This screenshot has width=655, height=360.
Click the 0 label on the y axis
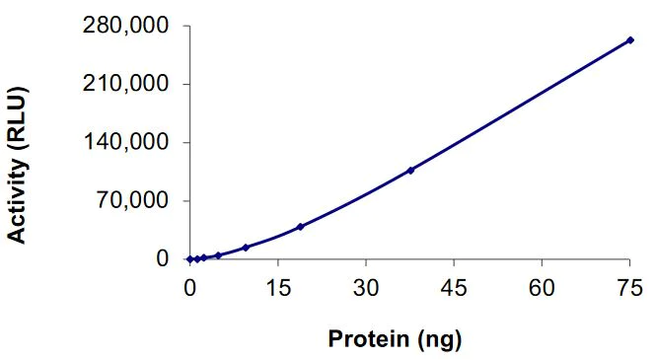(163, 259)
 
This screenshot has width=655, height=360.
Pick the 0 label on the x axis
(189, 287)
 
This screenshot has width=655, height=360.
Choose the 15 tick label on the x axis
(277, 287)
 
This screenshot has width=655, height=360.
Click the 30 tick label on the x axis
(365, 287)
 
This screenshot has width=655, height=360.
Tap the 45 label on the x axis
(453, 287)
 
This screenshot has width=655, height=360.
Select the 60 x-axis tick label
(542, 287)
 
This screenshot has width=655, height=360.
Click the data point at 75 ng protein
(629, 40)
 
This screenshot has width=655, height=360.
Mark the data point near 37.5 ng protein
(410, 170)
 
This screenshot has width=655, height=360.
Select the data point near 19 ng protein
(300, 227)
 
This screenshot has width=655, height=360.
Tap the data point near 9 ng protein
(245, 248)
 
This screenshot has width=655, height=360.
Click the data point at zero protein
(189, 259)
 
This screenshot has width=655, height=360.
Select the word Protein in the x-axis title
(364, 340)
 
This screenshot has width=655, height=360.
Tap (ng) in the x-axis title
(437, 340)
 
